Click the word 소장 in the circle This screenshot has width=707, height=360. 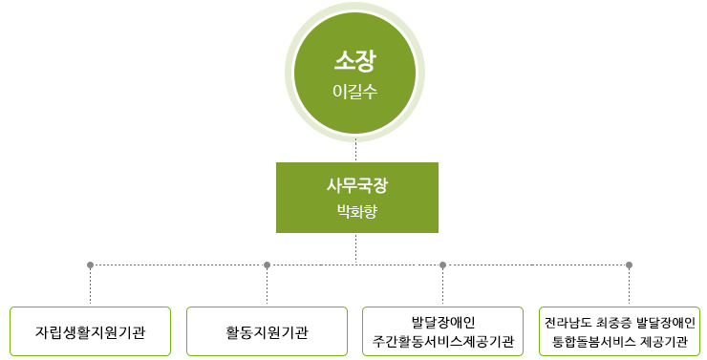pyautogui.click(x=355, y=63)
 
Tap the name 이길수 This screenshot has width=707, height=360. pyautogui.click(x=355, y=93)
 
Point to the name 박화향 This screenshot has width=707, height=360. pyautogui.click(x=356, y=211)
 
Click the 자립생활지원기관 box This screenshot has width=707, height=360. pyautogui.click(x=90, y=331)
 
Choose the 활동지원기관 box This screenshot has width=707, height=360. pyautogui.click(x=267, y=331)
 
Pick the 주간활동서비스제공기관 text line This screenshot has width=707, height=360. pyautogui.click(x=443, y=342)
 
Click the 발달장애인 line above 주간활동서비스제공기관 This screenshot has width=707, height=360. pyautogui.click(x=443, y=321)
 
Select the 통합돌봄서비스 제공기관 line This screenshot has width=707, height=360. pyautogui.click(x=620, y=342)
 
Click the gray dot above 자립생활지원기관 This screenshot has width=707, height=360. pyautogui.click(x=90, y=265)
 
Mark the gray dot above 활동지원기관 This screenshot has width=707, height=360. pyautogui.click(x=267, y=265)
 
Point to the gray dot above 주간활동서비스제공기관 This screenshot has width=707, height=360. pyautogui.click(x=443, y=265)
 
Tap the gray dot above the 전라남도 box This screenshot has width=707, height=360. pyautogui.click(x=629, y=265)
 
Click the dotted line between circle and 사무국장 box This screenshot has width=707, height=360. pyautogui.click(x=356, y=150)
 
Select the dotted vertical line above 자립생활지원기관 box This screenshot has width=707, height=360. pyautogui.click(x=90, y=286)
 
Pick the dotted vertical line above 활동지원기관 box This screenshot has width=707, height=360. pyautogui.click(x=267, y=286)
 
